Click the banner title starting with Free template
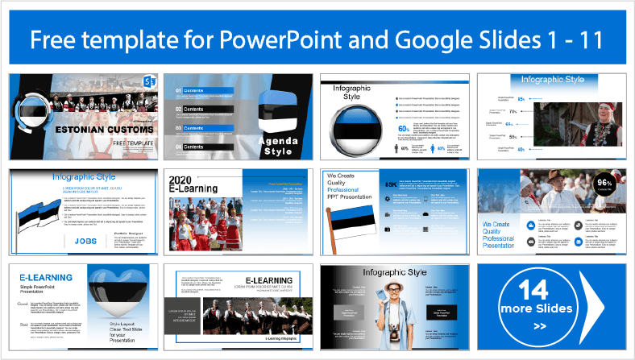click(x=317, y=39)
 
